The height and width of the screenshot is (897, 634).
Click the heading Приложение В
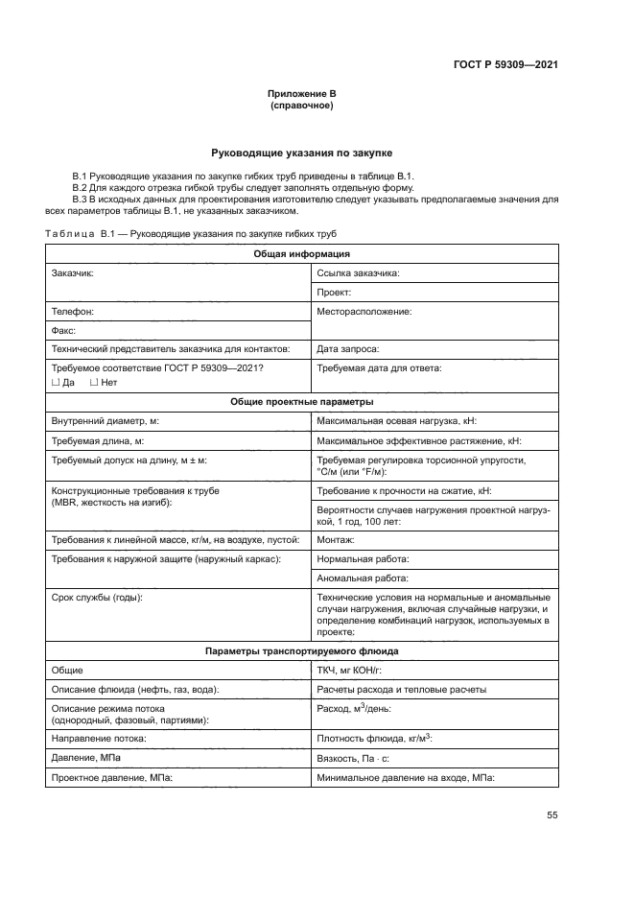coord(301,93)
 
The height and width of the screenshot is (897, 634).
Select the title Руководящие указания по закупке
coord(301,153)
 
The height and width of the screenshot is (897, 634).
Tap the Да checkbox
coord(55,383)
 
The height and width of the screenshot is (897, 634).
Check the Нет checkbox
coord(94,383)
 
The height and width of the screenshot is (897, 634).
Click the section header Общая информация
coord(301,254)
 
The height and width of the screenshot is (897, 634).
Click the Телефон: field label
coord(72,312)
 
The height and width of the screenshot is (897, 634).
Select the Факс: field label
coord(64,330)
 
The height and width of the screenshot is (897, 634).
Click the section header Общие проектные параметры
coord(301,402)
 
